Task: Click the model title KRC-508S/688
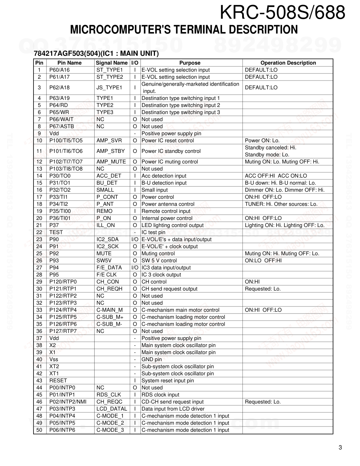tap(282, 13)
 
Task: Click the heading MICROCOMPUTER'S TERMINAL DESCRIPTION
tap(184, 30)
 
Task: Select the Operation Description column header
tap(288, 63)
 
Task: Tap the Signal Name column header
tap(112, 63)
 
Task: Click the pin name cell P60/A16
tap(59, 70)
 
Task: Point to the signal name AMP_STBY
tap(110, 151)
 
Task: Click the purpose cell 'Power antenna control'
tap(168, 204)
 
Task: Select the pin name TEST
tap(56, 232)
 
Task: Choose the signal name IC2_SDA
tap(107, 239)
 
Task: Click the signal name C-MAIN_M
tap(109, 310)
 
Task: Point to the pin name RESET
tap(58, 381)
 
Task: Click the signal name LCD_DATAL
tap(112, 409)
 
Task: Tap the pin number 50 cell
tap(39, 430)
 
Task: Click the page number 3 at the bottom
tap(340, 448)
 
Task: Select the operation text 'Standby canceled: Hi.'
tap(270, 148)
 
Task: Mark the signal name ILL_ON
tap(106, 225)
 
